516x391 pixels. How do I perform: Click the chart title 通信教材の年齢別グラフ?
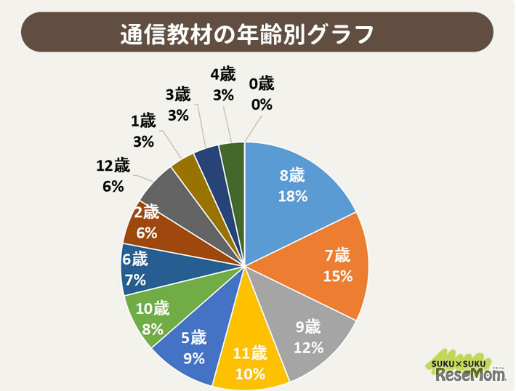[258, 34]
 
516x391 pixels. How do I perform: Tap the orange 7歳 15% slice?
[327, 265]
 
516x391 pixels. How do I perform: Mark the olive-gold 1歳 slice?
[185, 166]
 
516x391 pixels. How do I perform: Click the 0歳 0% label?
[261, 94]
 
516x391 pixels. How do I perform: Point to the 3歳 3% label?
[178, 104]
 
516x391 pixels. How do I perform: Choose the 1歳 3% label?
[143, 131]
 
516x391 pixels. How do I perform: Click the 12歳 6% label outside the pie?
[113, 175]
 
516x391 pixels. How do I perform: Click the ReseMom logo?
[469, 371]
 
